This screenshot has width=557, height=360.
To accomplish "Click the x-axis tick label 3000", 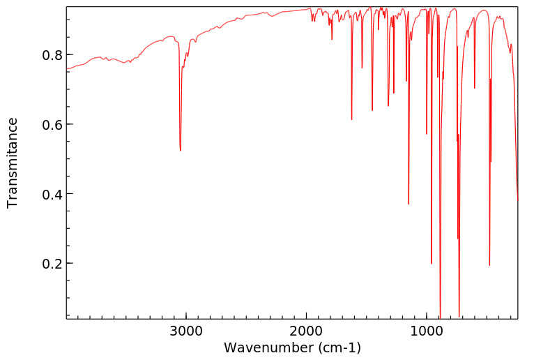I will (x=186, y=331).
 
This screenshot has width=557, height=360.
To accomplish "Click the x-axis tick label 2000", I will (x=307, y=331).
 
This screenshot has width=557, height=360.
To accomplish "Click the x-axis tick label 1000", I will (x=427, y=331).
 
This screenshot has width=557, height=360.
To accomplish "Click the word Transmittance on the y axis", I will (x=13, y=163).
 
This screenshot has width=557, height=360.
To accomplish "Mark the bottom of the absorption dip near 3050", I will (x=181, y=150).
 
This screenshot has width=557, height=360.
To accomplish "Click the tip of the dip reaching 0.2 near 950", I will (x=432, y=263).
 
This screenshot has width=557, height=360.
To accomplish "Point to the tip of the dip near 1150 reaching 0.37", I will (x=409, y=204).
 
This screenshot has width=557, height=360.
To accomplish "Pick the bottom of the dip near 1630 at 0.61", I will (x=351, y=119).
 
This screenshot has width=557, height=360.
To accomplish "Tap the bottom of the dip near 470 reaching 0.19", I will (x=489, y=265).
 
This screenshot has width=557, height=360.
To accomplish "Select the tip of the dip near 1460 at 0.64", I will (x=372, y=110).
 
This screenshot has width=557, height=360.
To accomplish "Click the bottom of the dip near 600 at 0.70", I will (x=475, y=88).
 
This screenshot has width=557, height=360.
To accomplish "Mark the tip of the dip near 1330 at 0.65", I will (x=388, y=106).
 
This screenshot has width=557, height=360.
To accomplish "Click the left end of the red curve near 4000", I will (x=67, y=69).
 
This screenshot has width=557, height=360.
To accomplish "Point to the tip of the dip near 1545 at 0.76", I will (x=362, y=68).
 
